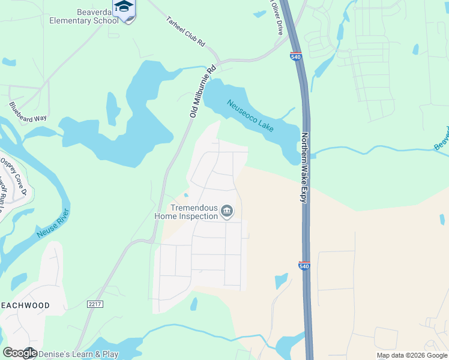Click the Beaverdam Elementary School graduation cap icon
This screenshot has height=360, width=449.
pyautogui.click(x=124, y=8)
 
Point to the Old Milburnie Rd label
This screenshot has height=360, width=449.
pyautogui.click(x=201, y=91)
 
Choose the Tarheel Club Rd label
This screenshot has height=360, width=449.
pyautogui.click(x=186, y=32)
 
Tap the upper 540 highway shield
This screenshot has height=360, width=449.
pyautogui.click(x=295, y=56)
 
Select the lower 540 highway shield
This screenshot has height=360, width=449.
pyautogui.click(x=304, y=265)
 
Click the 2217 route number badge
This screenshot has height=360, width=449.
pyautogui.click(x=95, y=305)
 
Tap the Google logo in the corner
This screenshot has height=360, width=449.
pyautogui.click(x=20, y=353)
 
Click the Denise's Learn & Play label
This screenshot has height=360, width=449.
pyautogui.click(x=79, y=355)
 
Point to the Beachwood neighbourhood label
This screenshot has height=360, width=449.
pyautogui.click(x=25, y=305)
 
